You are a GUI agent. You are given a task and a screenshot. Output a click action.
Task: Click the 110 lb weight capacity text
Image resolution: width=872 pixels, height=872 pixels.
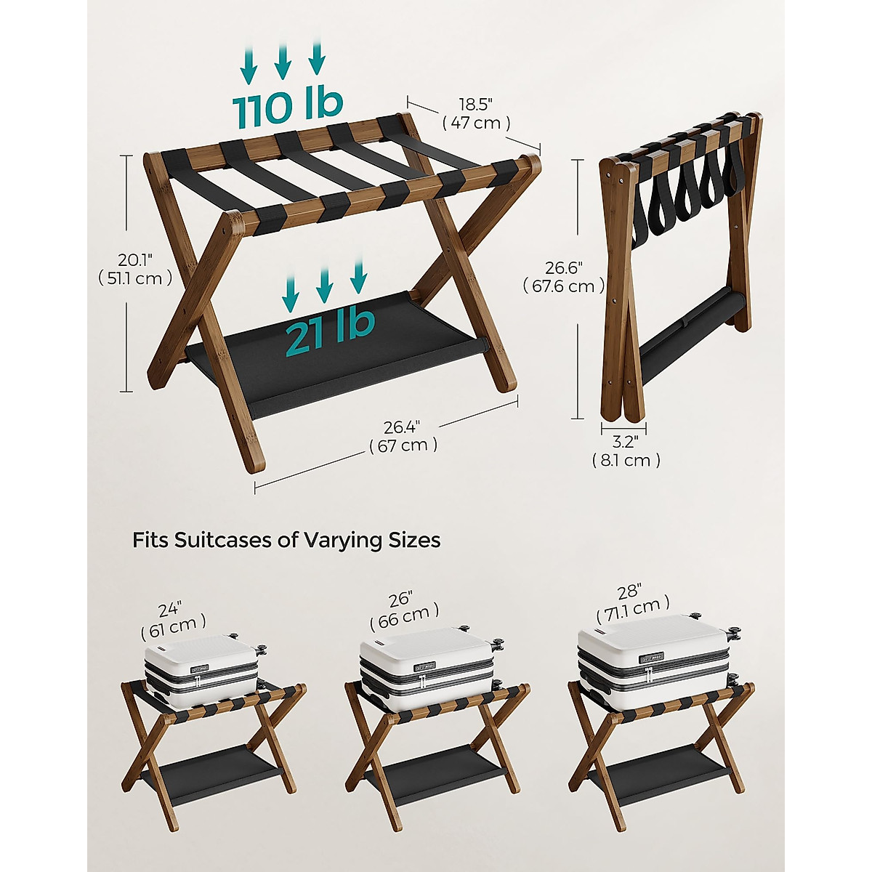coord(288,107)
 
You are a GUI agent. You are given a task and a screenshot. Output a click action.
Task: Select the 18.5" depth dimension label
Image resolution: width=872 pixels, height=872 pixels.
coord(476,114)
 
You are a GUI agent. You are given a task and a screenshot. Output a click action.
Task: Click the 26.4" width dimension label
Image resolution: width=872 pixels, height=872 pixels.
coord(403,436)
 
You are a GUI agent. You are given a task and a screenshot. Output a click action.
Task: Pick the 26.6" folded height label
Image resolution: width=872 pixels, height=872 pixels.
coord(563,278)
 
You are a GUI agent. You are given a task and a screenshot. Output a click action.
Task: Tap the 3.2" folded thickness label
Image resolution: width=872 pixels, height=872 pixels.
coord(626,451)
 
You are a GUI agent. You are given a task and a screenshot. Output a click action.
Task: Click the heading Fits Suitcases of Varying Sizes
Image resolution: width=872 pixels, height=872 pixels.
coord(286,541)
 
